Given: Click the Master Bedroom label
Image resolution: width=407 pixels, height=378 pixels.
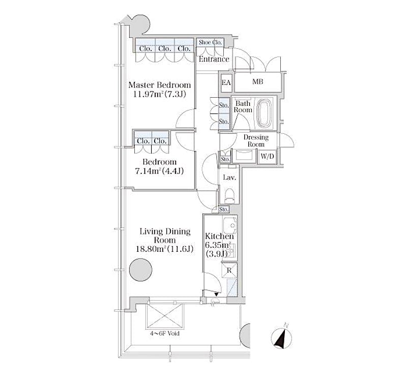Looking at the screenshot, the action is point(160,85).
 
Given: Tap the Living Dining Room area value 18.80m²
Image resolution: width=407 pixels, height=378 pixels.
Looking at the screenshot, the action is point(151,249).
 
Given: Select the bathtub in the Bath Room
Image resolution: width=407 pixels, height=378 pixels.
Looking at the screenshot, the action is point(264,113).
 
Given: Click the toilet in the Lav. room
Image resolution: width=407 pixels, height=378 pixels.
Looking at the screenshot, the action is point(229,195).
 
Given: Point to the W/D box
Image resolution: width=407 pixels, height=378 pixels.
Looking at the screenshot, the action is point(267,157).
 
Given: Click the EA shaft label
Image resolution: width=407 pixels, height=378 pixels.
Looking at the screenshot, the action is point(226,82).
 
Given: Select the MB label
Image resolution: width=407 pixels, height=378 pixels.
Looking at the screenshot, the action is point(257,82).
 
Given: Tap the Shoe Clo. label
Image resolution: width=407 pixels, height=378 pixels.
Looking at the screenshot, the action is point(210,42).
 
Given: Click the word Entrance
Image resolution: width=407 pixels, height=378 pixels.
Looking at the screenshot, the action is point(214,59).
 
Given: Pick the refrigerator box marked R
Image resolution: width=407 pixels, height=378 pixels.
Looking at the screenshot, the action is point(229,270).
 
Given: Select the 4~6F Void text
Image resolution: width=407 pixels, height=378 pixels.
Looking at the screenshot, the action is point(164,333).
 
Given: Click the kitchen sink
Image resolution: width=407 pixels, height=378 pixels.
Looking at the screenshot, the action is point(229,223).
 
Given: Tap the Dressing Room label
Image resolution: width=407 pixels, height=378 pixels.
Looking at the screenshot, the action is point(256,141).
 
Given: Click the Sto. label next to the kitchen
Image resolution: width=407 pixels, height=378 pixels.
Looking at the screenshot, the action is point(224,209).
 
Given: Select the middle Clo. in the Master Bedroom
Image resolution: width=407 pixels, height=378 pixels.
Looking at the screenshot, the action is point(164,48).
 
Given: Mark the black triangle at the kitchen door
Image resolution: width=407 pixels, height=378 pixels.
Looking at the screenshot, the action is point(216,294).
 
